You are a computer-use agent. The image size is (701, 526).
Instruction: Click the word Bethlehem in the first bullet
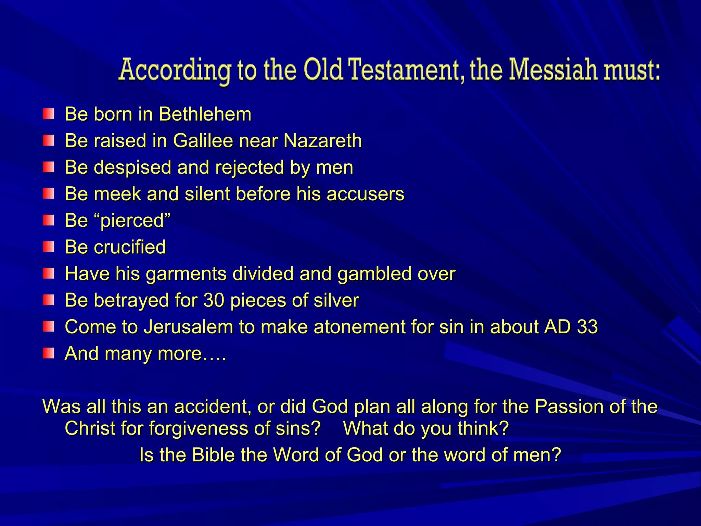coord(205,114)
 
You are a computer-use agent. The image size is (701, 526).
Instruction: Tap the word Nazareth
coord(322,141)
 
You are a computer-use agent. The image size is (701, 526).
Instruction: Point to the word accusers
coord(365,194)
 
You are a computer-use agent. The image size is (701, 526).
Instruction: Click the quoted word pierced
coord(132,221)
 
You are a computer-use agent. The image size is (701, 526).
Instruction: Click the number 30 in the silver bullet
coord(214,300)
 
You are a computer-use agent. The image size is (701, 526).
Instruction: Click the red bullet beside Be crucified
coord(49,247)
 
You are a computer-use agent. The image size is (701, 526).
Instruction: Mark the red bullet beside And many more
coord(49,353)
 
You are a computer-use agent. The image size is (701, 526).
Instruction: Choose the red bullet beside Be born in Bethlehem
coord(49,114)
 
